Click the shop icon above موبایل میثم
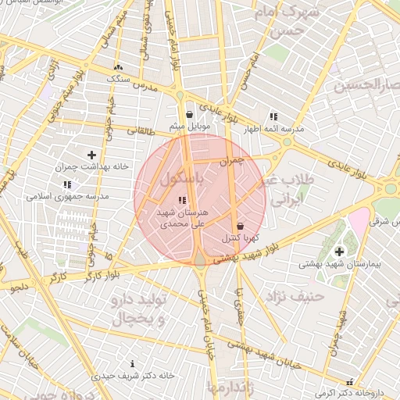click(180, 115)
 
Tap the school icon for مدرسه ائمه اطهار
click(273, 116)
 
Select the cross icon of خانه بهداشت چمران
click(92, 155)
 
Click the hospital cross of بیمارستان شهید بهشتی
click(339, 252)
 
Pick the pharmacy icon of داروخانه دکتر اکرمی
click(349, 382)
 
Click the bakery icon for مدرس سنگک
click(118, 68)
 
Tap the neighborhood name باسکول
click(184, 177)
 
